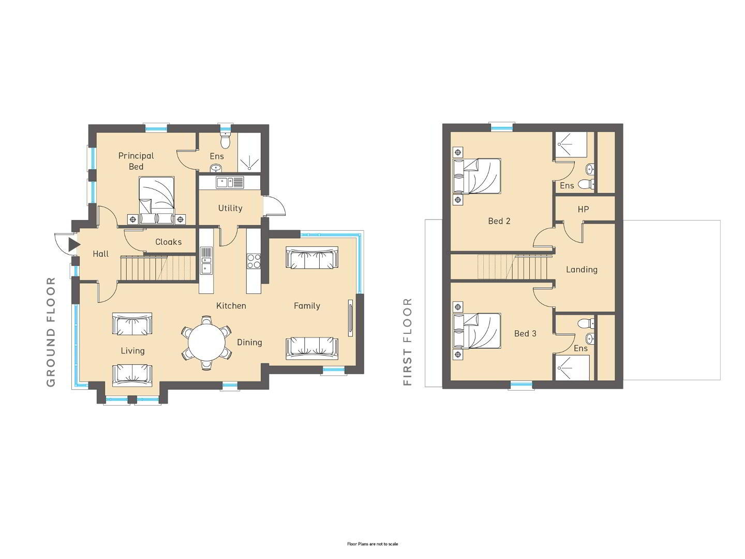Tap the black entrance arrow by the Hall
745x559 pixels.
(74, 245)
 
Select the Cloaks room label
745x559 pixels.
(168, 242)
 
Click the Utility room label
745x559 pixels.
(230, 208)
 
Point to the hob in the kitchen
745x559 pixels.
(254, 261)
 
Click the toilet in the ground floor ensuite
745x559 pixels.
(225, 140)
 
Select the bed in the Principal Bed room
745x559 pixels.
(156, 200)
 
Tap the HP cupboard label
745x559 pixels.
(583, 210)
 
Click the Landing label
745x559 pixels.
(582, 270)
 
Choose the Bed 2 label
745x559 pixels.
(499, 221)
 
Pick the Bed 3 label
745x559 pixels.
(525, 333)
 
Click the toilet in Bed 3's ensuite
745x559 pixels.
(586, 323)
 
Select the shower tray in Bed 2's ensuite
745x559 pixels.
(571, 144)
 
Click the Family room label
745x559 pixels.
(307, 306)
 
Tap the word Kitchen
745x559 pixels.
(231, 305)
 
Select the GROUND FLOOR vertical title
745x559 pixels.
(51, 332)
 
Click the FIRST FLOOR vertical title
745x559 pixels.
(407, 342)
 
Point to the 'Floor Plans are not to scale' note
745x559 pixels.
(373, 543)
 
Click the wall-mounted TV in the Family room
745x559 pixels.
(351, 318)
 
